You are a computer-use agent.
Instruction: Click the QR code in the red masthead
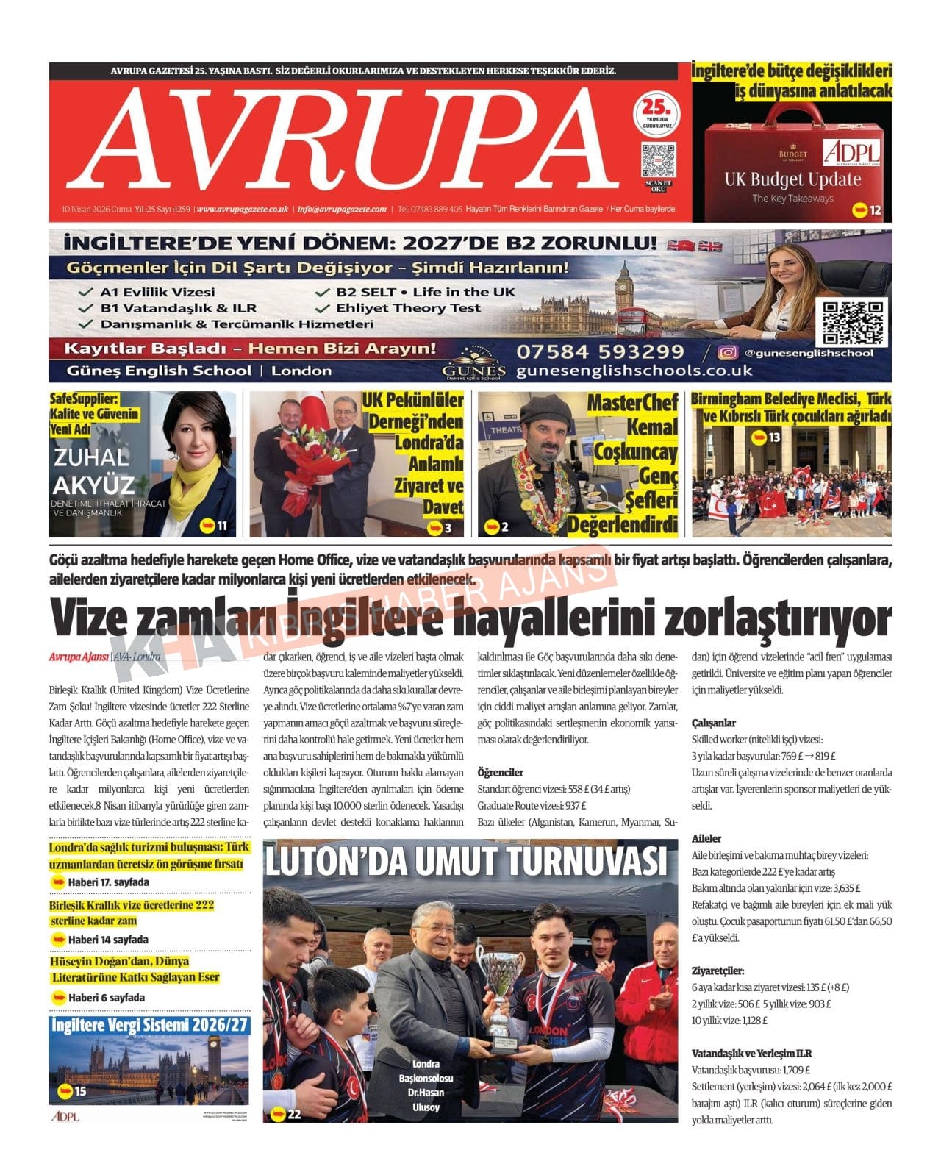click(x=657, y=160)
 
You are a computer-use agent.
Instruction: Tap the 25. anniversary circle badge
click(x=656, y=114)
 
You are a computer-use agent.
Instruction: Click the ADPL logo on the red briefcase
click(x=851, y=152)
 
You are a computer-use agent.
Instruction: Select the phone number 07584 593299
click(x=600, y=351)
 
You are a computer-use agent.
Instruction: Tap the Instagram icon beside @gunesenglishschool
click(x=727, y=353)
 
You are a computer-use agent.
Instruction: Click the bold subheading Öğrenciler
click(x=500, y=772)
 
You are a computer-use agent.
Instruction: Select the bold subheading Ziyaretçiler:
click(x=718, y=971)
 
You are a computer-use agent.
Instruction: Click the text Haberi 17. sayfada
click(x=108, y=882)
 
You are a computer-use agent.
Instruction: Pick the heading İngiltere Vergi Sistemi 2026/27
click(x=150, y=1026)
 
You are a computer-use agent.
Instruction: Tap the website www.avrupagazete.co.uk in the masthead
click(x=243, y=210)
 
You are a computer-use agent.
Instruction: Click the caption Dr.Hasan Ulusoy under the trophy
click(x=426, y=1100)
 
